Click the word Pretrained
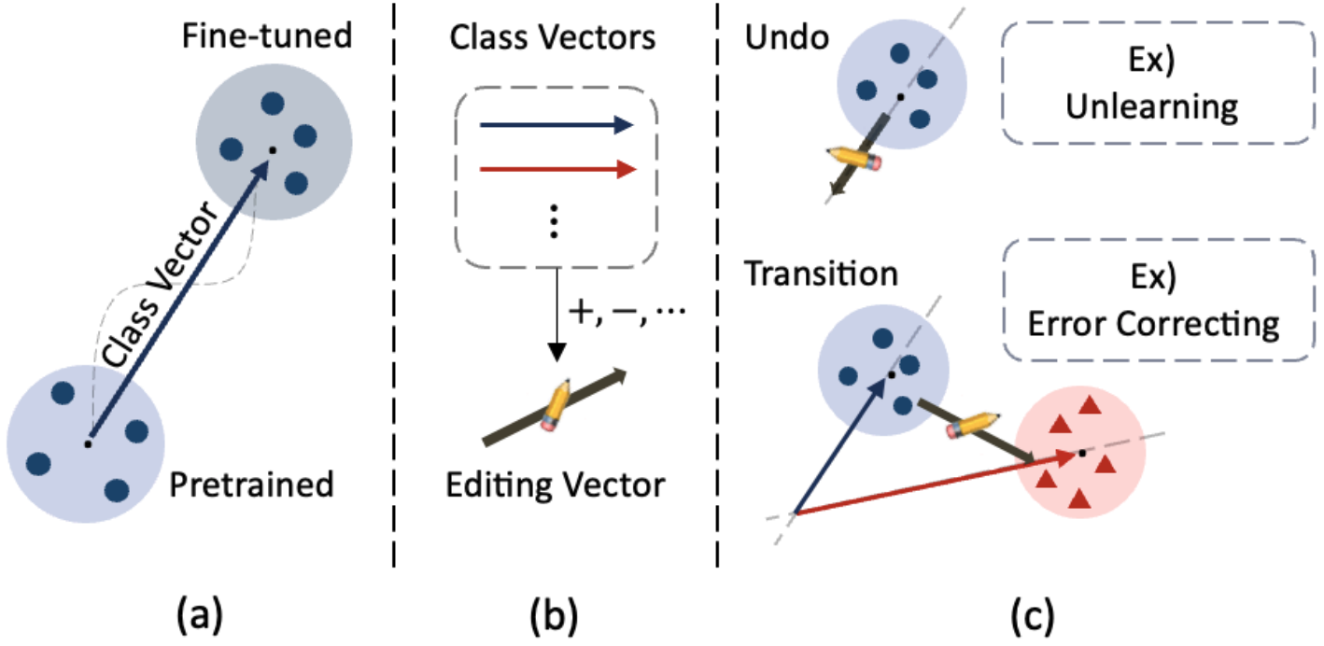(252, 484)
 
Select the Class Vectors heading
(553, 38)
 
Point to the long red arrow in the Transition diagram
(934, 484)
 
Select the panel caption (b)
(553, 615)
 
